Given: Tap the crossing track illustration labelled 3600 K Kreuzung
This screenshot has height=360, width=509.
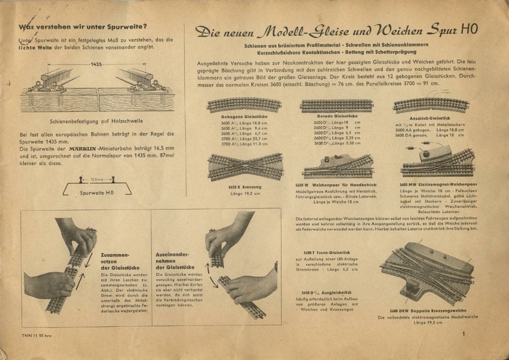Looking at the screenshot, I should pyautogui.click(x=237, y=166).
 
